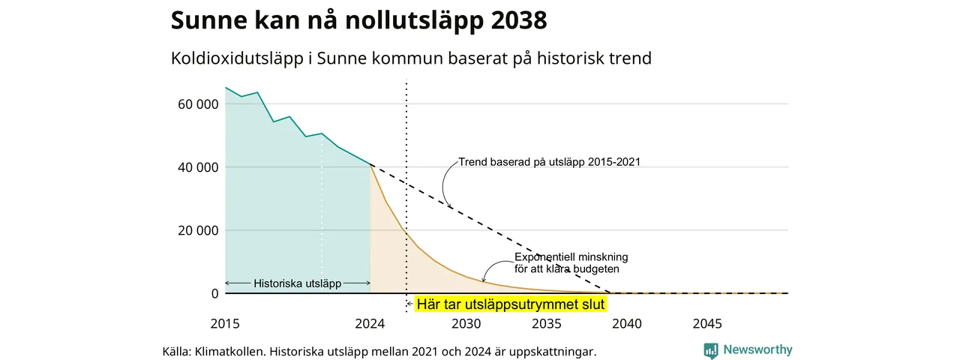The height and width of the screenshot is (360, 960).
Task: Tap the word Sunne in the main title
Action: point(208,20)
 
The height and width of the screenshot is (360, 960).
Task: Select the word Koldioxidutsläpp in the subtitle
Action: point(237,58)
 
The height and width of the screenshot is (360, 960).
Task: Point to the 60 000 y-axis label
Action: point(198,104)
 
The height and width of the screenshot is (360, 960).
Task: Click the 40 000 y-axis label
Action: point(198,167)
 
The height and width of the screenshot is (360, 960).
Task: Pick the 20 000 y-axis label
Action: point(198,230)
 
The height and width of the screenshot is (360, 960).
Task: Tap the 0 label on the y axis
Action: point(214,293)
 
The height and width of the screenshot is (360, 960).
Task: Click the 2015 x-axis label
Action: point(225,323)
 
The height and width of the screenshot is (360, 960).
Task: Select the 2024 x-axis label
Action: point(370,323)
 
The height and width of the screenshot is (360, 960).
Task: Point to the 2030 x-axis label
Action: point(466,323)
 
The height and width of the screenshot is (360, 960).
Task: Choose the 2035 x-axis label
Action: point(547,323)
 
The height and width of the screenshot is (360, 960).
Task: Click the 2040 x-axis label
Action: point(627,323)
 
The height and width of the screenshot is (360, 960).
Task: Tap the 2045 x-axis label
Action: point(707,323)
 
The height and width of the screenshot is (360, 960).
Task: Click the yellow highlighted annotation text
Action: point(511,304)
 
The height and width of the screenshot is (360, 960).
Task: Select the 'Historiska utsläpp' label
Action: point(298,283)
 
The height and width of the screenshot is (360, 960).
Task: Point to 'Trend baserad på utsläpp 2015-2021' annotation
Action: point(550,162)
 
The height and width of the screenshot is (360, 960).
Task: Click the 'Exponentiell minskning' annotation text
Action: point(571,257)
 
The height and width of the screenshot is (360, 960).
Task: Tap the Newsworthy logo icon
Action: point(711,350)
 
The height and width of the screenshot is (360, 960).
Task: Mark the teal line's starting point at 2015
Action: point(226,88)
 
